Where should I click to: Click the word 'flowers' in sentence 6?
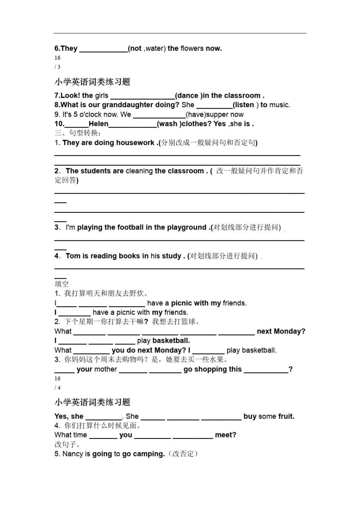click(x=192, y=48)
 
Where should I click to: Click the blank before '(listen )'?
click(x=214, y=105)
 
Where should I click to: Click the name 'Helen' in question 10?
click(x=98, y=124)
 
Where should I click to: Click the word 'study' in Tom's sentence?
click(x=171, y=256)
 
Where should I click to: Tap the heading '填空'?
click(x=62, y=284)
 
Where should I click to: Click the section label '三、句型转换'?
click(x=78, y=133)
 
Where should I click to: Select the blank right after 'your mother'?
click(x=133, y=370)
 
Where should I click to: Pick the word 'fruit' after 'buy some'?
click(x=286, y=417)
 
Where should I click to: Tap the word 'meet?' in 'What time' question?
click(x=225, y=435)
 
